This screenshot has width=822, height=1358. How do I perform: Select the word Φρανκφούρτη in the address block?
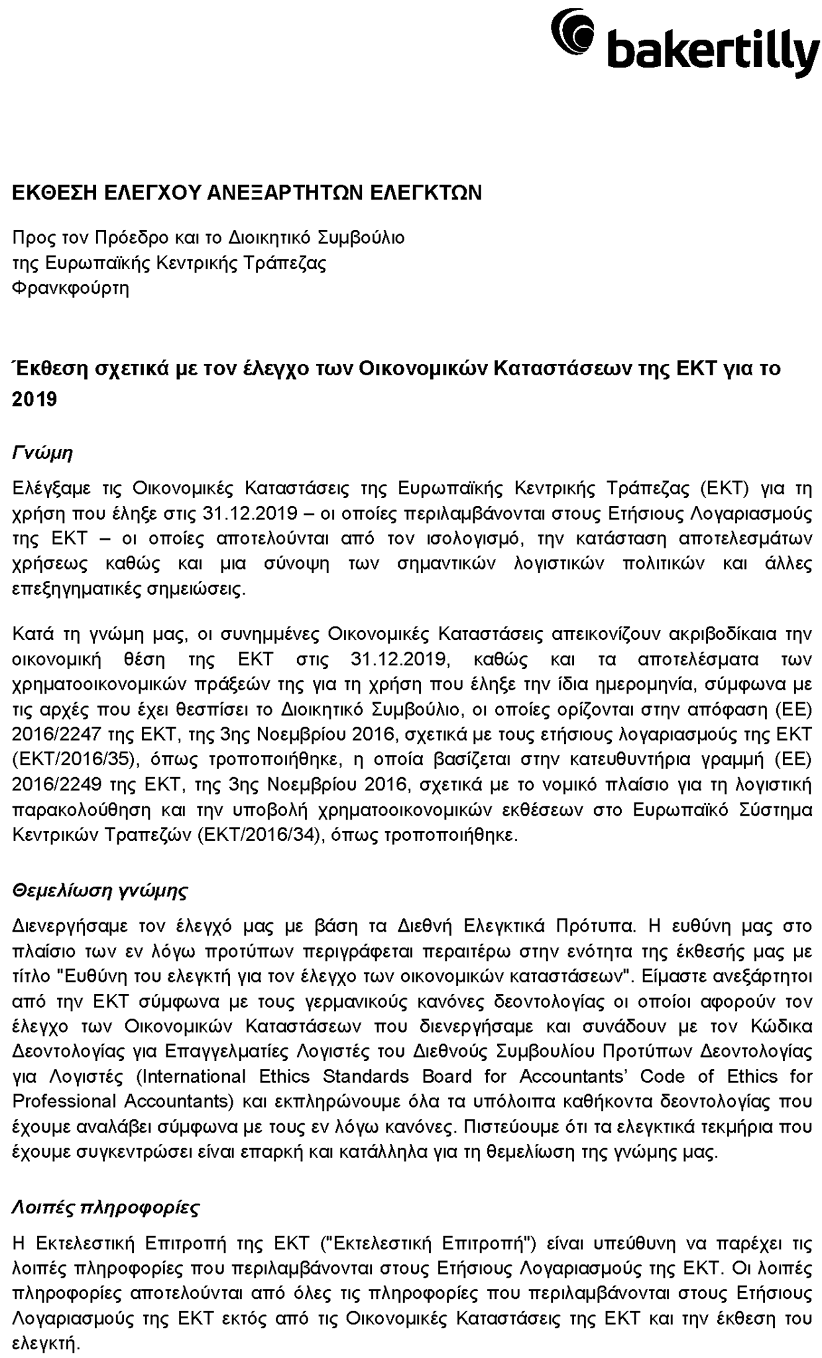(71, 288)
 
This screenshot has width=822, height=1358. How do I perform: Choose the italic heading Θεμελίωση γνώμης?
(100, 890)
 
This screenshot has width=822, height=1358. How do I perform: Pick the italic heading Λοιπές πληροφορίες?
(106, 1207)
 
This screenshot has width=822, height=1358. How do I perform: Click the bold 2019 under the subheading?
(34, 399)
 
